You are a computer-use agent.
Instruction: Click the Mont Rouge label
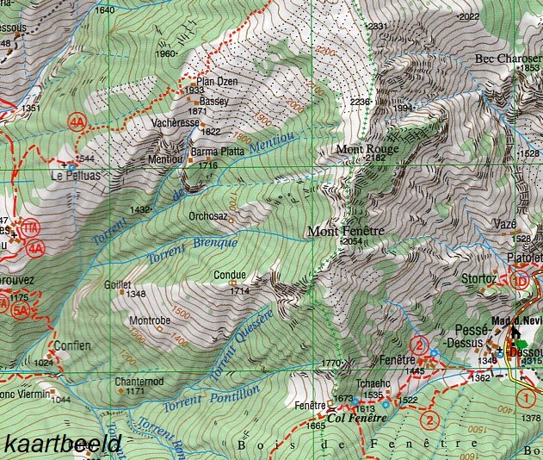pyautogui.click(x=362, y=147)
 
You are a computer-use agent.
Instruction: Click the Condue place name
pyautogui.click(x=231, y=277)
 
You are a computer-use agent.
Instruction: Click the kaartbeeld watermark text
pyautogui.click(x=62, y=444)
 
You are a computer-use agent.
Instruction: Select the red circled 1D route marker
pyautogui.click(x=519, y=281)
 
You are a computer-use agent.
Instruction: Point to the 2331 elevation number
pyautogui.click(x=377, y=27)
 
